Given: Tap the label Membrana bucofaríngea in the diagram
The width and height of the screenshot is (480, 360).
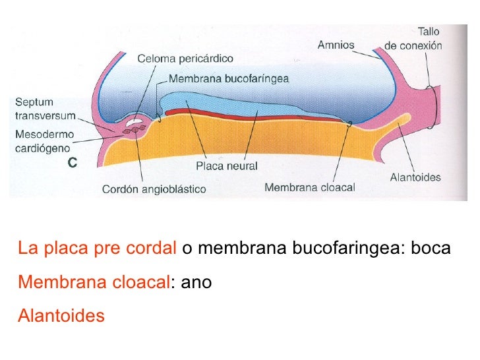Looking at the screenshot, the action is coord(229,78).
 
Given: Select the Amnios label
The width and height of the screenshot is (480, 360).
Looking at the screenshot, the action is coord(336,45).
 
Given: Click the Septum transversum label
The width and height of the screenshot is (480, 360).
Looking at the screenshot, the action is coord(44,109).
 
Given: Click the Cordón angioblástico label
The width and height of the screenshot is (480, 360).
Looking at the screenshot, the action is coord(154,189).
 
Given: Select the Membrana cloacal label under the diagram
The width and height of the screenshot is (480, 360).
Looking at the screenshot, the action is coord(309,187).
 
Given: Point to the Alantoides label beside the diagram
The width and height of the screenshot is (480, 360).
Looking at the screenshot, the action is coord(415,177).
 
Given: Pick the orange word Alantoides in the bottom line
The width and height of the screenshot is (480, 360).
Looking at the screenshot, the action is coord(61,316).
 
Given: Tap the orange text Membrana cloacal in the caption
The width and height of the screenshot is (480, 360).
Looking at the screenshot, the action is coord(94,283).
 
